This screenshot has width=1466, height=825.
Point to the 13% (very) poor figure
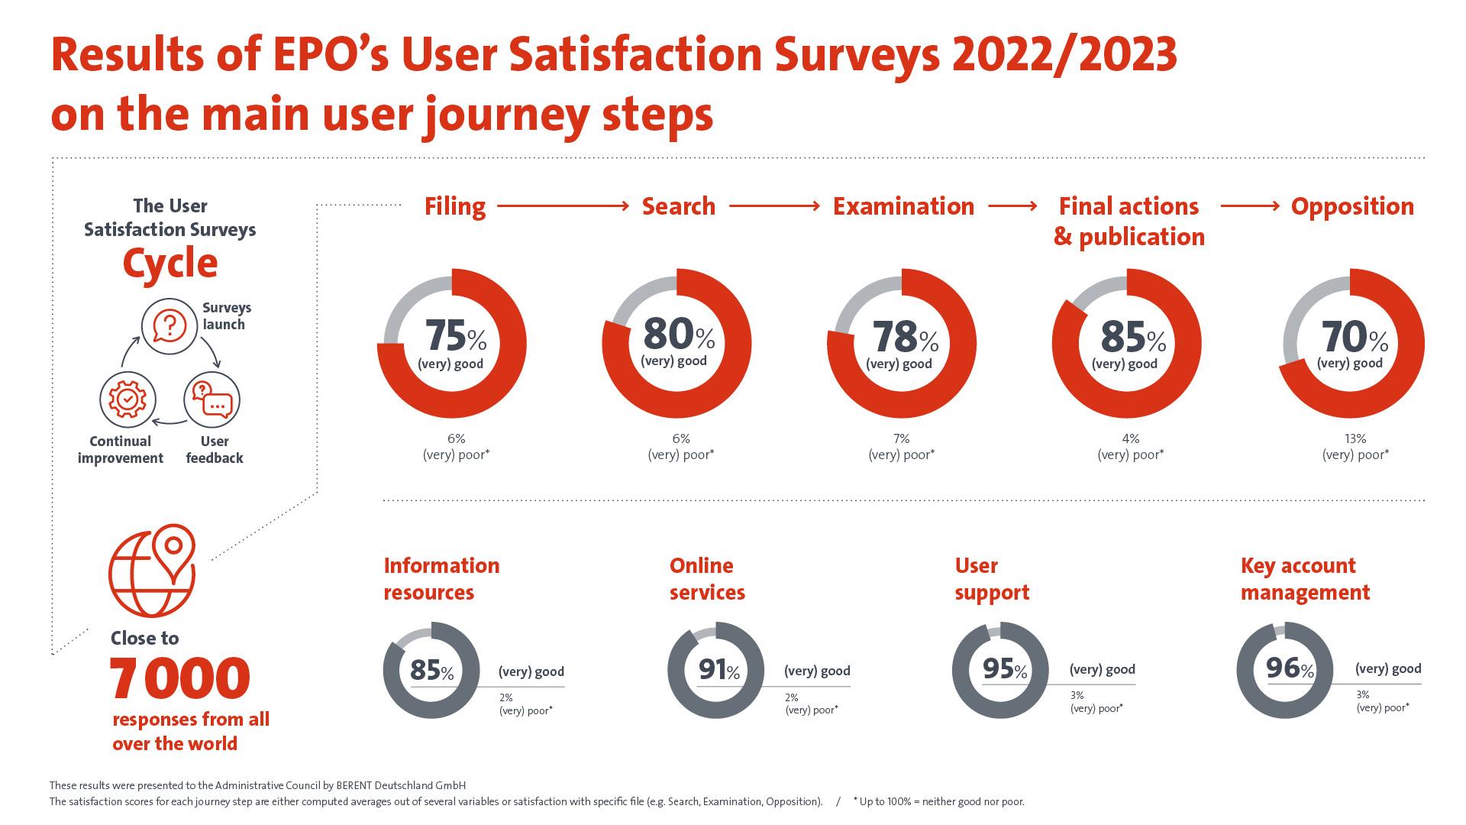point(1355,439)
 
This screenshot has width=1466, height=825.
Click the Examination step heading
point(903,206)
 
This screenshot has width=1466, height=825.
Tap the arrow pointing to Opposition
point(1250,206)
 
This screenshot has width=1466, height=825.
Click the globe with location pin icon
point(153,570)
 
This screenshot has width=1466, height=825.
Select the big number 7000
point(179,678)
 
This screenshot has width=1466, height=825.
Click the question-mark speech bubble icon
point(170,325)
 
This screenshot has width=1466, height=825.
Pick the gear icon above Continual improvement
point(128,400)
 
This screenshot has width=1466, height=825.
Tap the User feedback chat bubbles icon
point(212,400)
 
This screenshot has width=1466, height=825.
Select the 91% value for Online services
point(719,671)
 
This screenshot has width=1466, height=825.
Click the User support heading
point(992,579)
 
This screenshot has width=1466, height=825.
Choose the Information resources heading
point(441,579)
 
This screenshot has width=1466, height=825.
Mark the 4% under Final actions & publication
point(1130,439)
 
